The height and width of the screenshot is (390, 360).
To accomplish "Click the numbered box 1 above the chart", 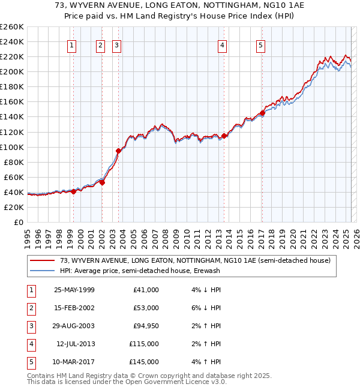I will (x=72, y=44).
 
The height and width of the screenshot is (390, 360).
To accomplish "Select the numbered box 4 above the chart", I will (x=222, y=44).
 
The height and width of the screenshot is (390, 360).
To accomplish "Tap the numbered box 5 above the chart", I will (x=261, y=44).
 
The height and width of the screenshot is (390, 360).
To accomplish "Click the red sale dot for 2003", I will (x=118, y=151).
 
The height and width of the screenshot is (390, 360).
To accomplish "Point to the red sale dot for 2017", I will (x=262, y=113).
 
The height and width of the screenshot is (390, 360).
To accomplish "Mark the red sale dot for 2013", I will (x=224, y=136).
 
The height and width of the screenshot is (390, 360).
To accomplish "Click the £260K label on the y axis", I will (x=12, y=27).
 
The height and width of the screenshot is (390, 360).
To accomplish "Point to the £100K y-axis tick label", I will (x=12, y=147).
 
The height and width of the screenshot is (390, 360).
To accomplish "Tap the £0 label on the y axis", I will (x=18, y=222).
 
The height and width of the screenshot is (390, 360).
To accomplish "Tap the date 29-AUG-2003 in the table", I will (x=74, y=326).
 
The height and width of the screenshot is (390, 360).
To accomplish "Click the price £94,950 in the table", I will (x=144, y=326).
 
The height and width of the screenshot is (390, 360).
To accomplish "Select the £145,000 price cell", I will (x=144, y=362).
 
